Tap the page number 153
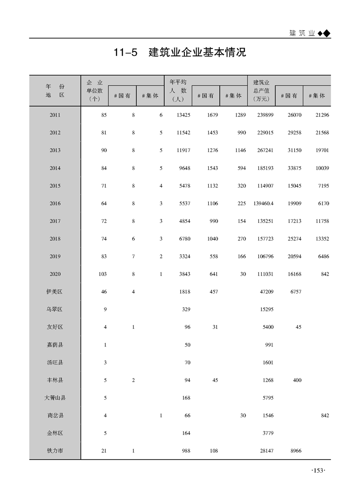click(x=318, y=471)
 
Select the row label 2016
click(x=55, y=204)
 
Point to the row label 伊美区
click(x=55, y=292)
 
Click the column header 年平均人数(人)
click(x=178, y=90)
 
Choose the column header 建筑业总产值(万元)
click(x=261, y=90)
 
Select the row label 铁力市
click(x=55, y=451)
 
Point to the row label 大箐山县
click(x=55, y=398)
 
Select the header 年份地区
click(x=55, y=90)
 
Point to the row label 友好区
click(x=55, y=327)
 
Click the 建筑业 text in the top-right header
click(x=302, y=33)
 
